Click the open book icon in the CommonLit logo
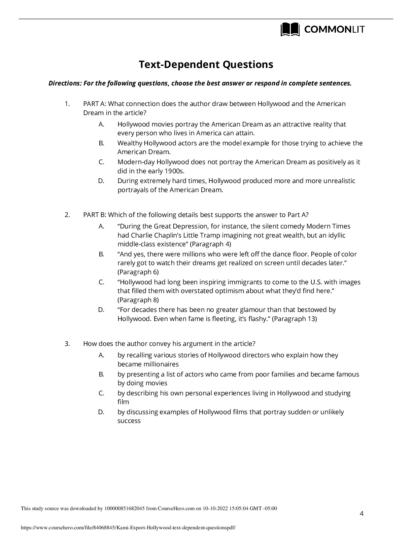[x=290, y=30]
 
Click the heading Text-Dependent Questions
[x=206, y=64]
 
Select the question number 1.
[x=67, y=104]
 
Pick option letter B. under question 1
[x=101, y=143]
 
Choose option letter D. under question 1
[x=101, y=181]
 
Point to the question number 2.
[x=67, y=215]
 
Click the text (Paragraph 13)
[x=295, y=319]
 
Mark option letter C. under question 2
[x=101, y=282]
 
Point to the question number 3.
[x=67, y=344]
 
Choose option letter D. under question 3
[x=101, y=412]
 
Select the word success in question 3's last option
[x=129, y=421]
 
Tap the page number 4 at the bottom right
[x=362, y=513]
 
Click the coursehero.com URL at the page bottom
[x=128, y=528]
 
